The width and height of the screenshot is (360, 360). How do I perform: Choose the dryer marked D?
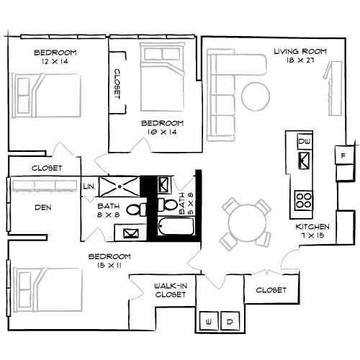coord(231,321)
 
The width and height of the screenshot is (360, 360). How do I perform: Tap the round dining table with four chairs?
coord(244,221)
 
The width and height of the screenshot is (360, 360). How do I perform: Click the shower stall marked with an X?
coord(117,187)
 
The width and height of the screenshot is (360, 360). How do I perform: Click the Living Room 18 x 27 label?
coord(300,56)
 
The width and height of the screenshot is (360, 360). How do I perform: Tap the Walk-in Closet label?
coord(171,289)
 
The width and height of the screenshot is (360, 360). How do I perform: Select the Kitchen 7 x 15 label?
coord(312,230)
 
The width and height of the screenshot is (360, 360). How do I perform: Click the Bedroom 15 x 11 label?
coord(109,261)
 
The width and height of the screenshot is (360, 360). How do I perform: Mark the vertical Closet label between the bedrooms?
coord(117,89)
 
